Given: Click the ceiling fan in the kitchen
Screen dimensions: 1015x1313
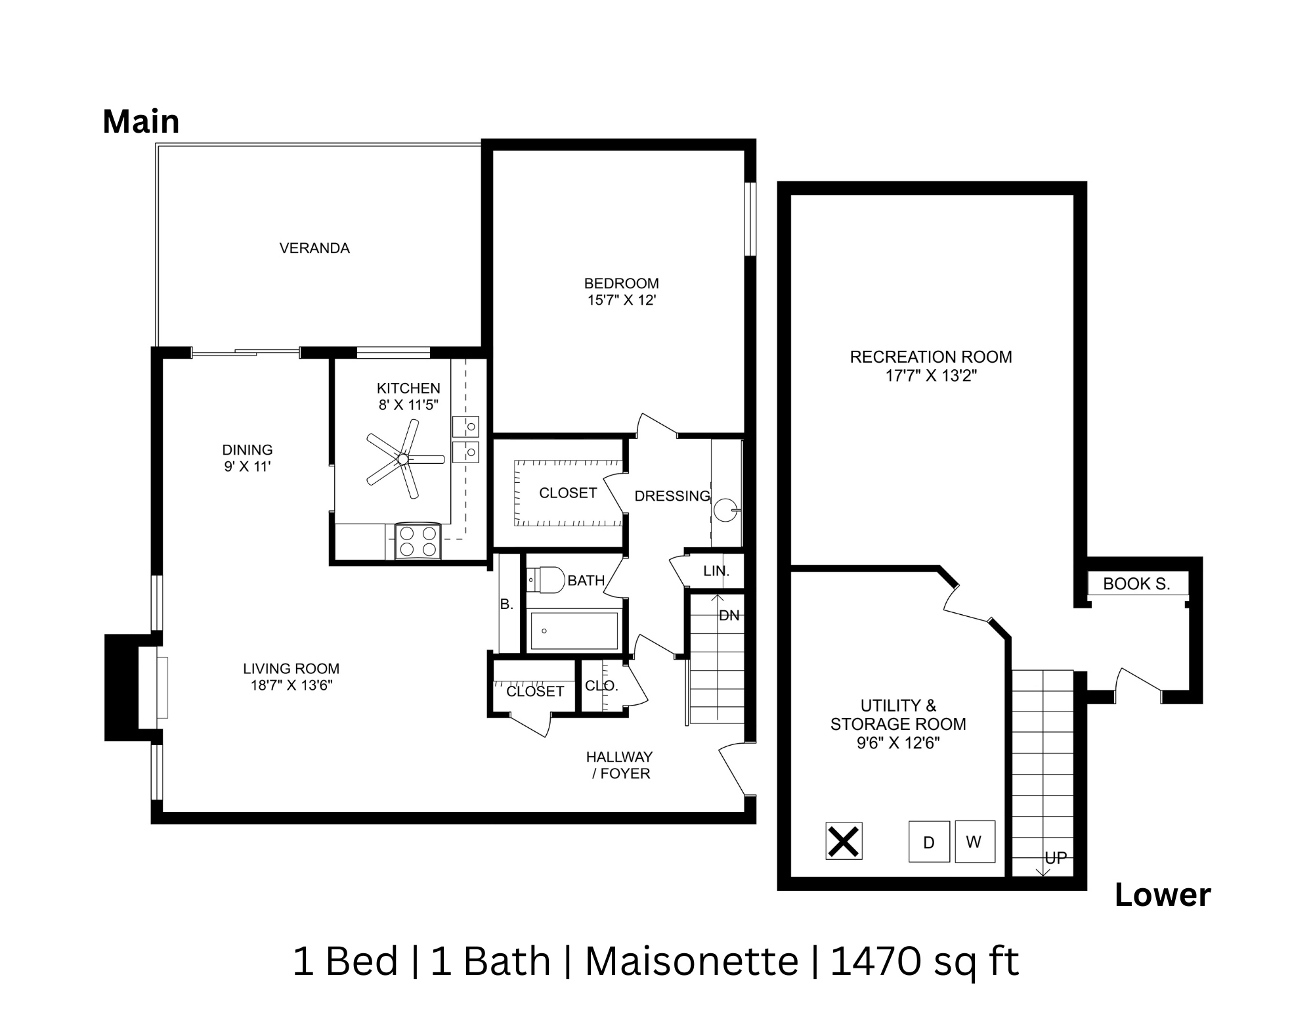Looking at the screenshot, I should [402, 458].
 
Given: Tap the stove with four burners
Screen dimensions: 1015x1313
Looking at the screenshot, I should [418, 541].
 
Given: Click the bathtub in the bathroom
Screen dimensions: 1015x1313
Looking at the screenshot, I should [574, 631].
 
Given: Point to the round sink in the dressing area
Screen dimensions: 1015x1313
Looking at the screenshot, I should [725, 510].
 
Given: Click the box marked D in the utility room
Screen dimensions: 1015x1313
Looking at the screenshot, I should [928, 842].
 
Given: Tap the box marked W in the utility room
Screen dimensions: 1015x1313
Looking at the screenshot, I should [974, 841].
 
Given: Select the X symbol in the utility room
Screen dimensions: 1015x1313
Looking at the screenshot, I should [844, 841].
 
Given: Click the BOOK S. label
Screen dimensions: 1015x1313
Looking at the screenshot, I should [1136, 583].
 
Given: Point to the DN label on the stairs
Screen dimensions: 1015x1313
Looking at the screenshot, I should [729, 616].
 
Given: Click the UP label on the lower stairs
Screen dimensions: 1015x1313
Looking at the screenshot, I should [1055, 858].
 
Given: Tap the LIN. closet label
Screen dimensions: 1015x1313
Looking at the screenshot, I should [716, 571].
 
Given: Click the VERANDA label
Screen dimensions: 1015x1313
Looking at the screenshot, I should [314, 248].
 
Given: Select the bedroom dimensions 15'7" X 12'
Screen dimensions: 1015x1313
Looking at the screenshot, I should [621, 301].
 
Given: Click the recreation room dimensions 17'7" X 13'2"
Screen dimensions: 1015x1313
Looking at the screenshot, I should [930, 376].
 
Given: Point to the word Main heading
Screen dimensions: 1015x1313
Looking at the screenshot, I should [140, 122].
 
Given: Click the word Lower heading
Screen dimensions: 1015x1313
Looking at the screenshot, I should [1162, 895].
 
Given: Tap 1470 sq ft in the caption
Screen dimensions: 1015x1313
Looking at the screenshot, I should [924, 962].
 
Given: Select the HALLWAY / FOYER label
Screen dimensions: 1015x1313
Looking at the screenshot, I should [620, 765].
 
